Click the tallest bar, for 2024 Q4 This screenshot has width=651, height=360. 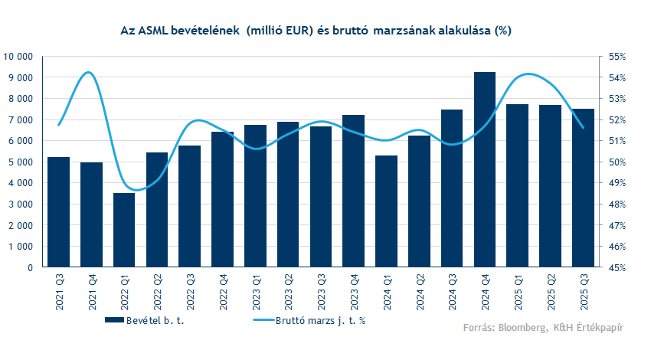tap(485, 170)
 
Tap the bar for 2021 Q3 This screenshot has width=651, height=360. tap(58, 212)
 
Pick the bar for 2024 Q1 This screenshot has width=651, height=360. tap(386, 211)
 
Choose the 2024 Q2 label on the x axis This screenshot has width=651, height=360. tap(419, 291)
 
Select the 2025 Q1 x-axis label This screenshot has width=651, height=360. tap(518, 291)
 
